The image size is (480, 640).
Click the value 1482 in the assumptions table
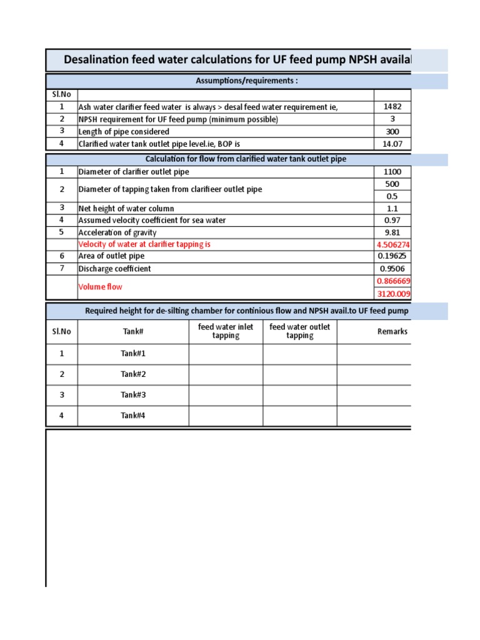pos(392,107)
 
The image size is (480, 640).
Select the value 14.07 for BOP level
pos(392,144)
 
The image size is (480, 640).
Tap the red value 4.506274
pos(393,244)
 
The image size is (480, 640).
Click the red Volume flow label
pos(100,287)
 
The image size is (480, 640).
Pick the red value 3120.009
pos(393,294)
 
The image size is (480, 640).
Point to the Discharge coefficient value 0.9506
pos(392,269)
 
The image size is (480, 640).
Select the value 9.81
pos(392,232)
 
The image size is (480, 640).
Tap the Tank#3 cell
pos(132,395)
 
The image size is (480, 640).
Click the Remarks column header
pos(392,331)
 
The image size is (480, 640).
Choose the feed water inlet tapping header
pos(226,331)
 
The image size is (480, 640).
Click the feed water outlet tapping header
pos(299,331)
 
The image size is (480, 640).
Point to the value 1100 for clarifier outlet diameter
pos(392,172)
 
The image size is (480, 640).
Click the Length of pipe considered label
pos(123,132)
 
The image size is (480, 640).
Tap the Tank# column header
pos(132,331)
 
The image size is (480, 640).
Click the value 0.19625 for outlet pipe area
pos(392,256)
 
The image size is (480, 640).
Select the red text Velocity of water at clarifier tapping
pos(144,244)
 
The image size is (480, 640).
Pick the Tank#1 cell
pos(132,354)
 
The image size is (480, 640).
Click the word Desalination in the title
pos(99,60)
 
